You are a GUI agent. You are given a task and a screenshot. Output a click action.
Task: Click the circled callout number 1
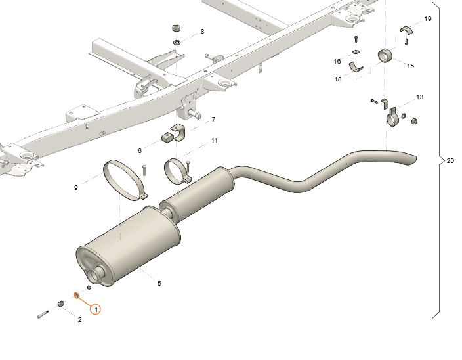(x=95, y=309)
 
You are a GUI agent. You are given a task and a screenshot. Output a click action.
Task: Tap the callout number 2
(x=79, y=320)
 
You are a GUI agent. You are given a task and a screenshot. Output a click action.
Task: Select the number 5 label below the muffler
(x=159, y=283)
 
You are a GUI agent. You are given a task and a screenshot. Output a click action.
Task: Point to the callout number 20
(x=450, y=161)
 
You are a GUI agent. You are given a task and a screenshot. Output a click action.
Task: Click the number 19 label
(x=428, y=19)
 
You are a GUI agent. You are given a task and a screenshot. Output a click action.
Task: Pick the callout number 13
(x=419, y=97)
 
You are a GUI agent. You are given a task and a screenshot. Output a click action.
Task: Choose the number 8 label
(x=202, y=32)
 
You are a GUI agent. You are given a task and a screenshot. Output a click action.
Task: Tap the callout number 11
(x=214, y=141)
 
